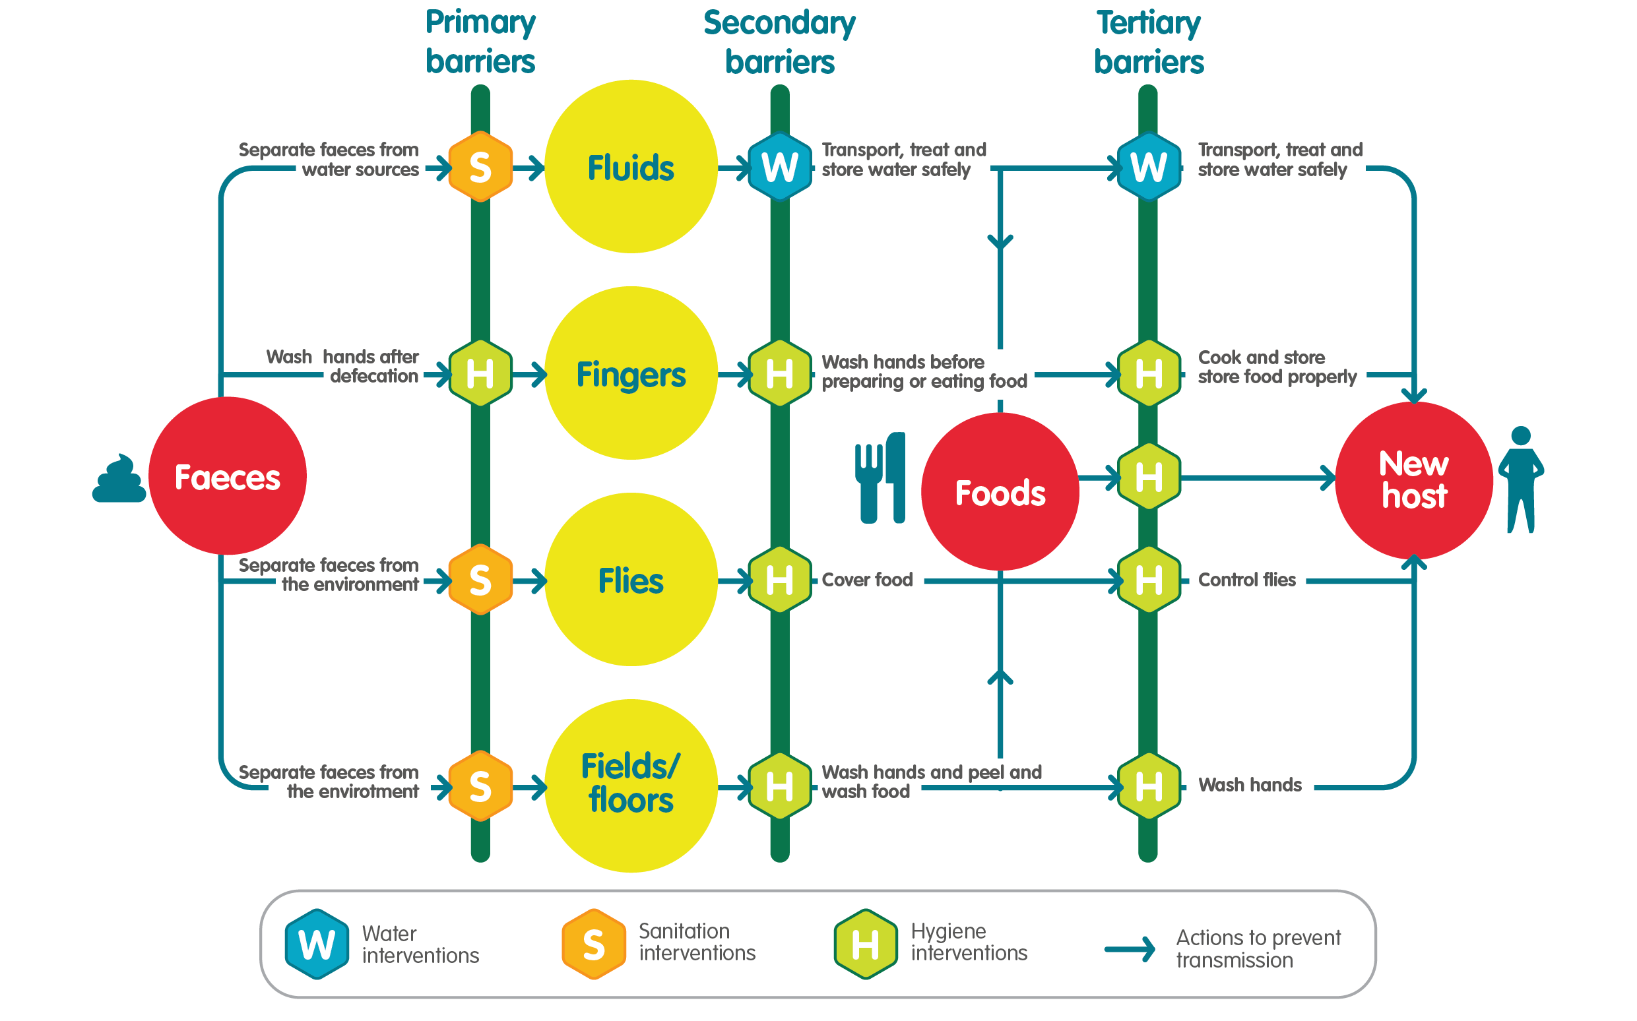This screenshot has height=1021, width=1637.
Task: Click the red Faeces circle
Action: [x=228, y=476]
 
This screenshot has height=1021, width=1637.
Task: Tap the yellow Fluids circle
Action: [x=631, y=167]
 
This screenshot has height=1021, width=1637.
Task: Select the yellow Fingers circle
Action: [x=631, y=373]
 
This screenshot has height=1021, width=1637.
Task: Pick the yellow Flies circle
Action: [x=631, y=579]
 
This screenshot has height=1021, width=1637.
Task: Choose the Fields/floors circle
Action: [x=631, y=786]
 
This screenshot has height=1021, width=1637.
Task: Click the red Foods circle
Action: [x=1000, y=491]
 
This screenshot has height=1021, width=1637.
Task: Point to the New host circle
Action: [x=1413, y=480]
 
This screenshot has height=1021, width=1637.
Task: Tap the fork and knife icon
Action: [x=880, y=478]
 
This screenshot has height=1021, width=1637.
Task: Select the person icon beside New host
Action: [x=1521, y=480]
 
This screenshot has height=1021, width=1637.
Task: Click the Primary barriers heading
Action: [x=480, y=42]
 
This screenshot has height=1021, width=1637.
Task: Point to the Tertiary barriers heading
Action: [x=1148, y=42]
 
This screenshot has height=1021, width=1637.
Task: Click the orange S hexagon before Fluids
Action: [x=480, y=167]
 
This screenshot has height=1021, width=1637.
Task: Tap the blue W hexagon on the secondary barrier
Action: [x=780, y=167]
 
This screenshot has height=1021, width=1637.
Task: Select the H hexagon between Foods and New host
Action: [x=1148, y=478]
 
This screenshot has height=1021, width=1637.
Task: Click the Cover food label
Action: [x=867, y=579]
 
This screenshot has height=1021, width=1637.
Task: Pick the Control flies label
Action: [x=1246, y=579]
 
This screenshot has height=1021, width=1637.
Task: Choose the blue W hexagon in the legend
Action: [x=317, y=943]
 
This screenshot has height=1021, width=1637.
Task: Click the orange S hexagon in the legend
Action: [x=594, y=943]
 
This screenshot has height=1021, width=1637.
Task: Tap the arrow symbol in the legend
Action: [x=1130, y=948]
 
